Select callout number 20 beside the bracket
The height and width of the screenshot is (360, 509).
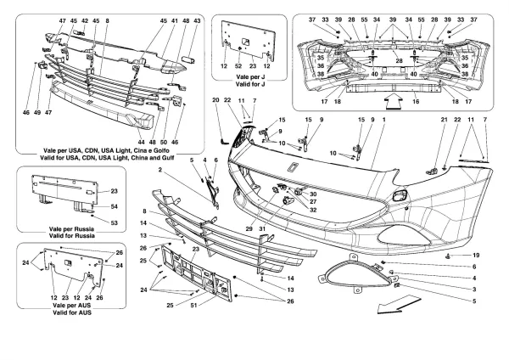[215, 101]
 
